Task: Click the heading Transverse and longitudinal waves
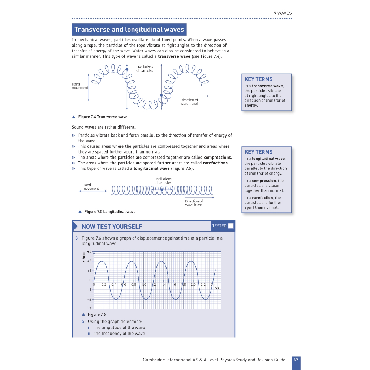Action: coord(129,30)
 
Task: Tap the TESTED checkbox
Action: coord(231,226)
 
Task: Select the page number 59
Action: coord(296,360)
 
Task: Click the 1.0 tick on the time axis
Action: coord(143,285)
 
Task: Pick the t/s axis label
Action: coord(217,288)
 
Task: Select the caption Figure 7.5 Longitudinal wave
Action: coord(110,212)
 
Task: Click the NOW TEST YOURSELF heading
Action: coord(112,227)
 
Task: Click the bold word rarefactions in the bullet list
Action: coord(215,163)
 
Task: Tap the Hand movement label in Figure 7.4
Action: coord(80,86)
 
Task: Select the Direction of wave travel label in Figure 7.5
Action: coord(194,203)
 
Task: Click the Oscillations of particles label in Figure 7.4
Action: coord(145,69)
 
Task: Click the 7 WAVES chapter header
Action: coord(283,13)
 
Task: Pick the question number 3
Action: coord(77,238)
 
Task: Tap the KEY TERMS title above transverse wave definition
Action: coord(258,79)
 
